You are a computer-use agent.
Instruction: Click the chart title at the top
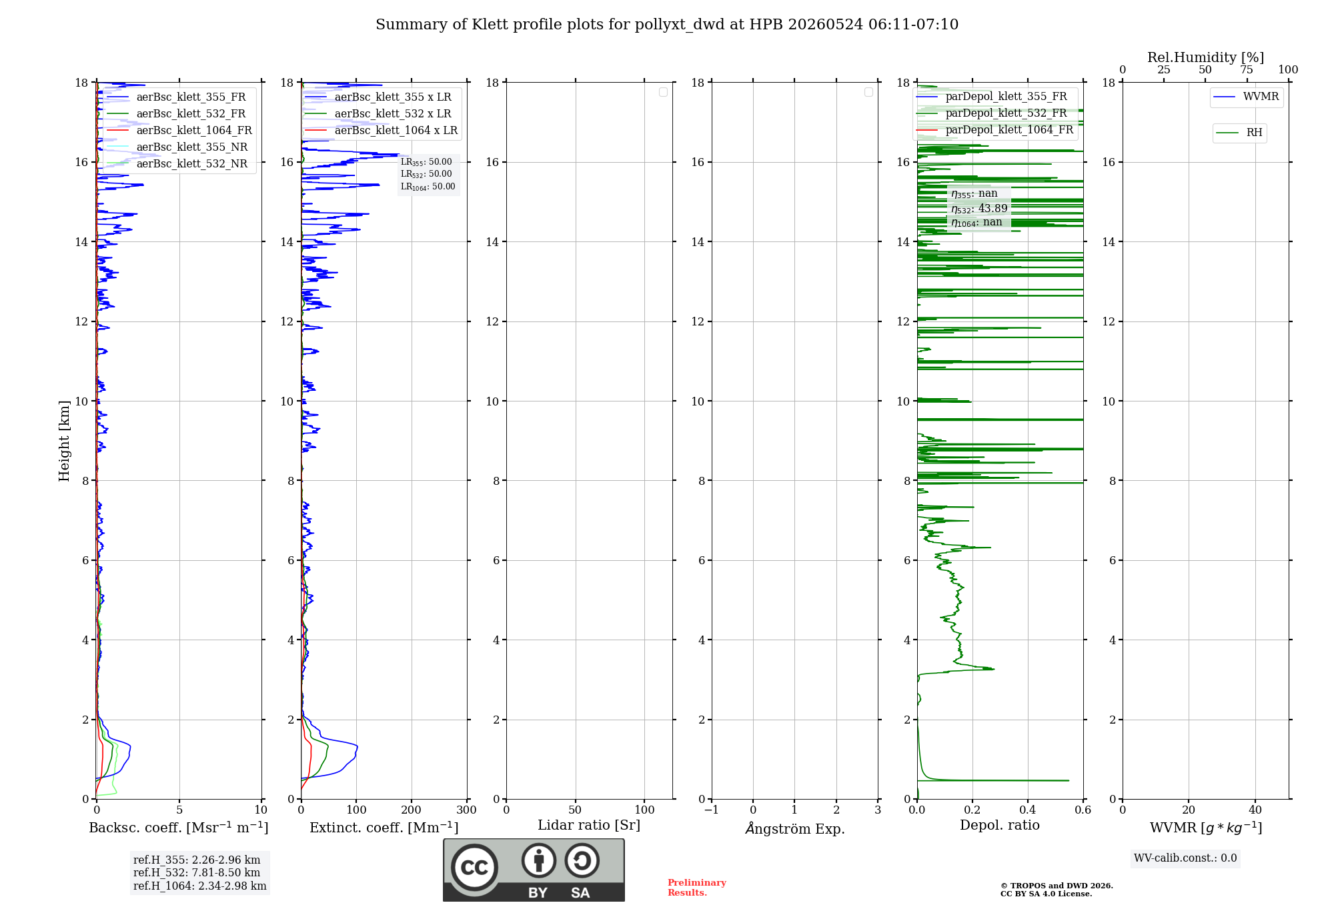pos(667,25)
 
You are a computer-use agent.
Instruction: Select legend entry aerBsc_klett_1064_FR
pos(179,130)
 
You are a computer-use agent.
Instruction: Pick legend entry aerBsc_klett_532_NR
pos(177,163)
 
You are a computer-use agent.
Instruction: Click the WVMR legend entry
pos(1247,97)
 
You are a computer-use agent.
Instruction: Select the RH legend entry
pos(1239,133)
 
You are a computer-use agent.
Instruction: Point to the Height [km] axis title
pos(64,441)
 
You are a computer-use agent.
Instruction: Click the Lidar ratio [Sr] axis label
pos(589,825)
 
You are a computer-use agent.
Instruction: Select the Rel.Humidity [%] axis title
pos(1206,57)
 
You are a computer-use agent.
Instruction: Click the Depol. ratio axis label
pos(1000,825)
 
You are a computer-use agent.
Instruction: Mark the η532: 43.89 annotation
pos(979,209)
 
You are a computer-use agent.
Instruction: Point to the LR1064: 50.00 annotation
pos(428,187)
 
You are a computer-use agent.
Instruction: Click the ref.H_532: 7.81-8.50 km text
pos(197,872)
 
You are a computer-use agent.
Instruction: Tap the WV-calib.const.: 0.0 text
pos(1185,858)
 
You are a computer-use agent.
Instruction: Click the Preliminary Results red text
pos(697,888)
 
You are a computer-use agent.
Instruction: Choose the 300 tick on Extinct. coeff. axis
pos(467,810)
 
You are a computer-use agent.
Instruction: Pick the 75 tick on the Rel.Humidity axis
pos(1247,69)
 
